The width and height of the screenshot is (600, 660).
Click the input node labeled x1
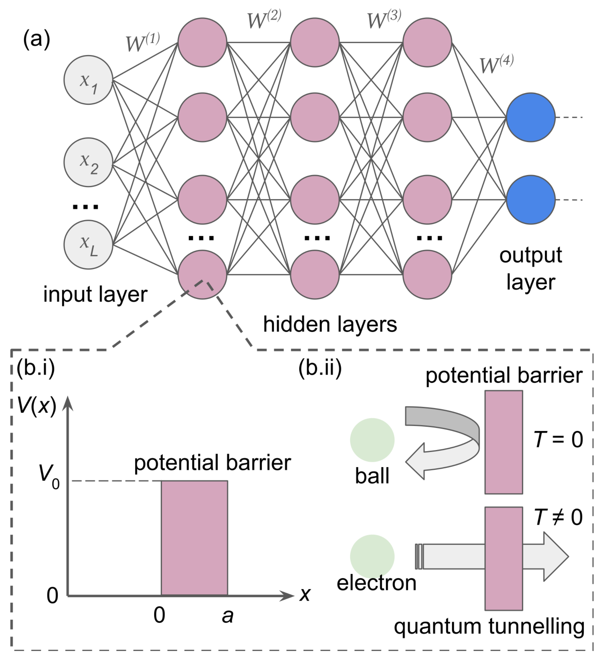(x=88, y=80)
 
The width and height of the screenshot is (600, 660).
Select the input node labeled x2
(x=88, y=162)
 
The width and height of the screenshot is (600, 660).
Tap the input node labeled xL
(x=88, y=245)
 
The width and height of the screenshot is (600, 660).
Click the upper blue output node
(x=530, y=117)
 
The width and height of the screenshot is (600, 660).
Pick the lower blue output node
(x=530, y=200)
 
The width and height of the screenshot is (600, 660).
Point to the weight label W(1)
(x=143, y=42)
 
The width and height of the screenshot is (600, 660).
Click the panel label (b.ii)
(x=320, y=369)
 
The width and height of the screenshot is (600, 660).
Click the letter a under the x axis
(x=227, y=616)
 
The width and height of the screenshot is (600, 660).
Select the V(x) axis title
(x=37, y=406)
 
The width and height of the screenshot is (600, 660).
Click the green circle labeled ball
(x=372, y=440)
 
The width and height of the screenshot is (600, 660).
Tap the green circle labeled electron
(x=372, y=556)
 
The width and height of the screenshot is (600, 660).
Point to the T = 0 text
(x=558, y=439)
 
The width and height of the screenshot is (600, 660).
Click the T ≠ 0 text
(x=558, y=517)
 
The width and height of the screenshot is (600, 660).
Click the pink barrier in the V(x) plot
(x=194, y=538)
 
